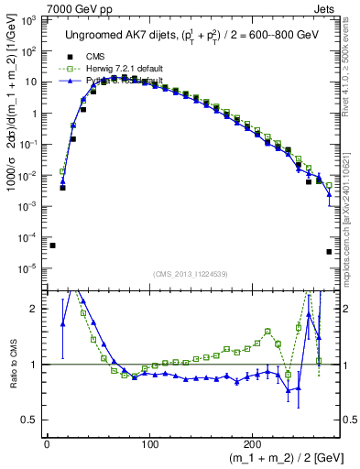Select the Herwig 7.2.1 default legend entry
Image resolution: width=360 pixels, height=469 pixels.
[118, 68]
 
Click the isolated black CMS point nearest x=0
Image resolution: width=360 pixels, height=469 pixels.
[52, 245]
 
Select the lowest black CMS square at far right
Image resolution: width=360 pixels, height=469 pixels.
[329, 252]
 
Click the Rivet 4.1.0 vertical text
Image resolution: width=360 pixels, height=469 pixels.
[354, 64]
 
